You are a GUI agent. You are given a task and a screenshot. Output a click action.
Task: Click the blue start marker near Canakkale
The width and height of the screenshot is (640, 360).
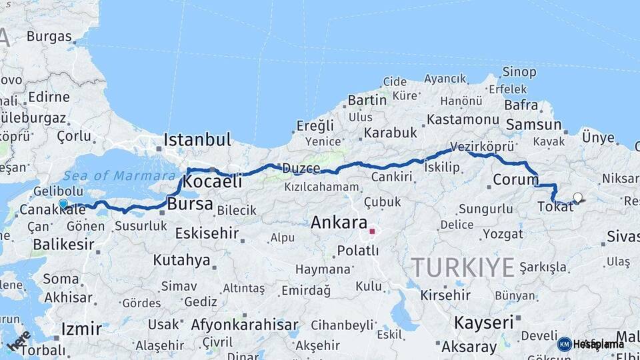63,204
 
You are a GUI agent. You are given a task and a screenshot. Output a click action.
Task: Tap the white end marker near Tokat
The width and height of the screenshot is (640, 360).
577,197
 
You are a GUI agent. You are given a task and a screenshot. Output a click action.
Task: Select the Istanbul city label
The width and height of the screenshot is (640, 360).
197,140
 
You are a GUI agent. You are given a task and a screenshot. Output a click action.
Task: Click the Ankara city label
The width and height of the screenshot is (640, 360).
339,223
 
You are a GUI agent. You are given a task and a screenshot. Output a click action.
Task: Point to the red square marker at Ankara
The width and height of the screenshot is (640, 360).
373,232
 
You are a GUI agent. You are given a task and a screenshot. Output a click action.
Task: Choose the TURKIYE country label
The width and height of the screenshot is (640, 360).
463,267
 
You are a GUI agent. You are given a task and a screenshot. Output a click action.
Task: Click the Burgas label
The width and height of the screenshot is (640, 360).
49,36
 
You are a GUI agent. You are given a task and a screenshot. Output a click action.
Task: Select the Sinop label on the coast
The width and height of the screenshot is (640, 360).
519,71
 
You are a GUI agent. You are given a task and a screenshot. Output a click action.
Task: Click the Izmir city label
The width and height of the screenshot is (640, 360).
81,329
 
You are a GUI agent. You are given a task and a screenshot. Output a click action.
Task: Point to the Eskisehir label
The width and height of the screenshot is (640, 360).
207,233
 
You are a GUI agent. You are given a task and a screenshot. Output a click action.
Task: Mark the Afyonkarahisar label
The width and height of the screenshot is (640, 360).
245,325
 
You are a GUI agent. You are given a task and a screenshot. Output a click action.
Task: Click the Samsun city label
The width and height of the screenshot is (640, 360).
533,125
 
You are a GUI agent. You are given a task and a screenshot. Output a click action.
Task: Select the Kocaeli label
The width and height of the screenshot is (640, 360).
212,181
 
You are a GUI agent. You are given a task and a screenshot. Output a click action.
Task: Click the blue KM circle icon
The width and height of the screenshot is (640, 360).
564,344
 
